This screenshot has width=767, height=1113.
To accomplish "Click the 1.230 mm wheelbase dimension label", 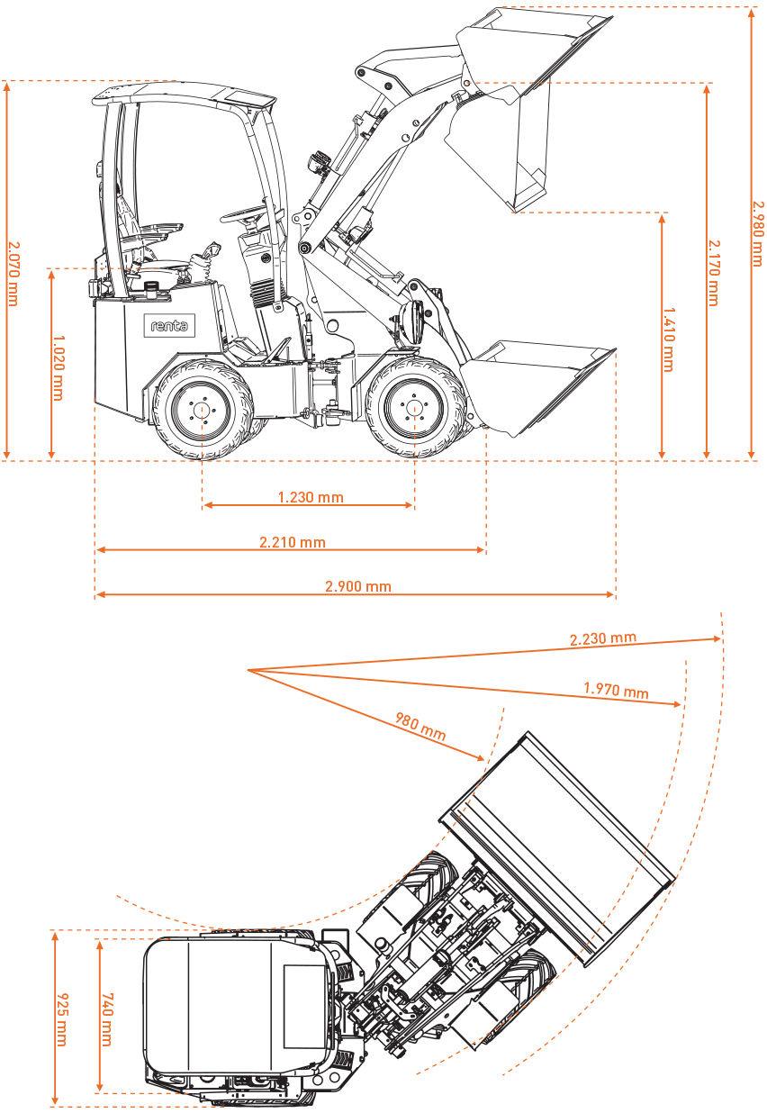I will click(311, 497).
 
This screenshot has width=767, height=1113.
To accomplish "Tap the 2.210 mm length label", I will click(293, 542).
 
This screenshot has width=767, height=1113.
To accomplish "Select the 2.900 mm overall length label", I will click(358, 586).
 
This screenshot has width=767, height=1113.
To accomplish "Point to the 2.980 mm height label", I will click(756, 232).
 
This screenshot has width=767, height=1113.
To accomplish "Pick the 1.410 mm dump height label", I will click(668, 339).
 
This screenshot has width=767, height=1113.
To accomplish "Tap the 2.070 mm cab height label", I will click(12, 273).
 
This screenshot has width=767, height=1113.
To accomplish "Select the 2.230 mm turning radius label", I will click(603, 638).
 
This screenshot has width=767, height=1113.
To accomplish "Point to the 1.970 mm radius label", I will click(616, 691).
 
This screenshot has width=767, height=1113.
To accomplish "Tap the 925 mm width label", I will click(61, 1019).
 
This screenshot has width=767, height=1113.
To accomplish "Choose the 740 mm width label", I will click(105, 1019).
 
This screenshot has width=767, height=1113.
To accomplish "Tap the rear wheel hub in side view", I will click(202, 409).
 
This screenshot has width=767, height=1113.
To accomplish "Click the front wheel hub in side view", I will click(414, 408).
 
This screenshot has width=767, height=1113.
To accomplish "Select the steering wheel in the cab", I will click(245, 214).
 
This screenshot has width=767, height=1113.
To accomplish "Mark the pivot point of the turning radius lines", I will click(247, 670).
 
